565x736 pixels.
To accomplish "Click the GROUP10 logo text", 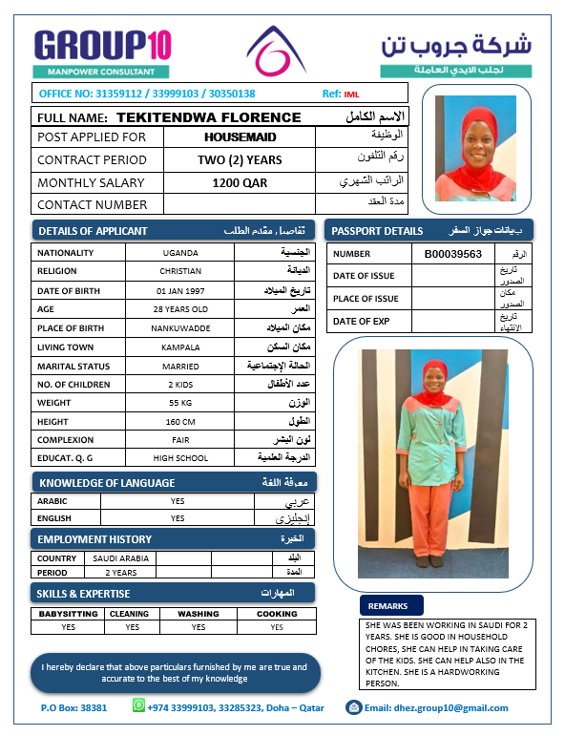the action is pos(102,45).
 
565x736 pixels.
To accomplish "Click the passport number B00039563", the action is pos(460,254).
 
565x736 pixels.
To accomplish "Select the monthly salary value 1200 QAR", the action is pos(240,182).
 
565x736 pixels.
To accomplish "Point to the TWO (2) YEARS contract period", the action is pos(240,159).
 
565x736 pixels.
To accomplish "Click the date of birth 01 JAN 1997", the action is pos(180,290).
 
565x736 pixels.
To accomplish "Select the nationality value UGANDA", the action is pos(180,253).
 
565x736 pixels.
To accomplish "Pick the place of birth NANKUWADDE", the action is pos(180,328).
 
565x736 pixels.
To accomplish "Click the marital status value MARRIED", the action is pos(180,367).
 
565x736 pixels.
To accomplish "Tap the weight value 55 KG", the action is pos(180,403).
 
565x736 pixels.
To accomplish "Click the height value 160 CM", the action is pos(180,422).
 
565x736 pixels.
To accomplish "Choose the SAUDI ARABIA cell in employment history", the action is pos(121,557).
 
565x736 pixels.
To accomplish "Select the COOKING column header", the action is pos(277,614).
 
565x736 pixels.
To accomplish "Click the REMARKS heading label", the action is pos(387,606).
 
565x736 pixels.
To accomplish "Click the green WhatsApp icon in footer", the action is pos(138,706).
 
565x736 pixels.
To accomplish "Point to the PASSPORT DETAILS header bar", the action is pos(429,231).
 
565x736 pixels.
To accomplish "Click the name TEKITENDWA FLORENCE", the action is pos(208,117).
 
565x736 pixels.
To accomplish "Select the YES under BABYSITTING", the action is pos(68,627).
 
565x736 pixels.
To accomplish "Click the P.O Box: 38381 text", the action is pos(74,708).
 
